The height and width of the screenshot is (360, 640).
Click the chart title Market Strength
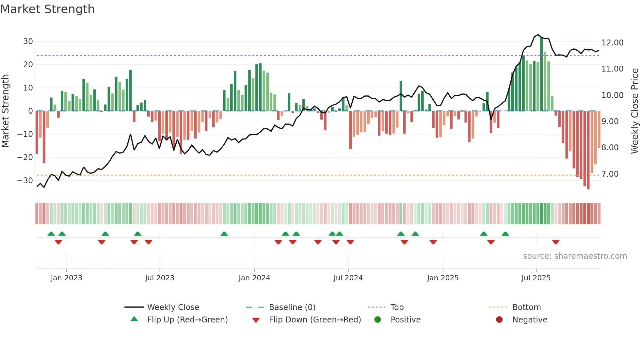tap(47, 9)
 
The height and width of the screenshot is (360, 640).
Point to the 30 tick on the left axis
tap(28, 41)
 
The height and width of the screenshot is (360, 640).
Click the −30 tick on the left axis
tap(25, 180)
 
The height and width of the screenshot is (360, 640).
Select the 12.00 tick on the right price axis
tap(612, 43)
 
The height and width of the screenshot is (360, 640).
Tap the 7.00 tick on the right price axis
tap(610, 174)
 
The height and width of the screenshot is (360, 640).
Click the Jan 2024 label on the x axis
tap(254, 278)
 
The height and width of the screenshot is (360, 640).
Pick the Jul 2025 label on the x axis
tap(536, 278)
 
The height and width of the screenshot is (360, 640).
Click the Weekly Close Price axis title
tap(634, 111)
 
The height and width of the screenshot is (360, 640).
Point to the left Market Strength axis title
tap(5, 111)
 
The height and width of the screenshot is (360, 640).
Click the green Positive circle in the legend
tap(377, 320)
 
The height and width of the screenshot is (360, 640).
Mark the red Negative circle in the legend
tap(499, 320)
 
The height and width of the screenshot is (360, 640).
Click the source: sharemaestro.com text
tap(575, 256)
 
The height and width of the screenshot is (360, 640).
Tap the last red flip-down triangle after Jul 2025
tap(556, 242)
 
